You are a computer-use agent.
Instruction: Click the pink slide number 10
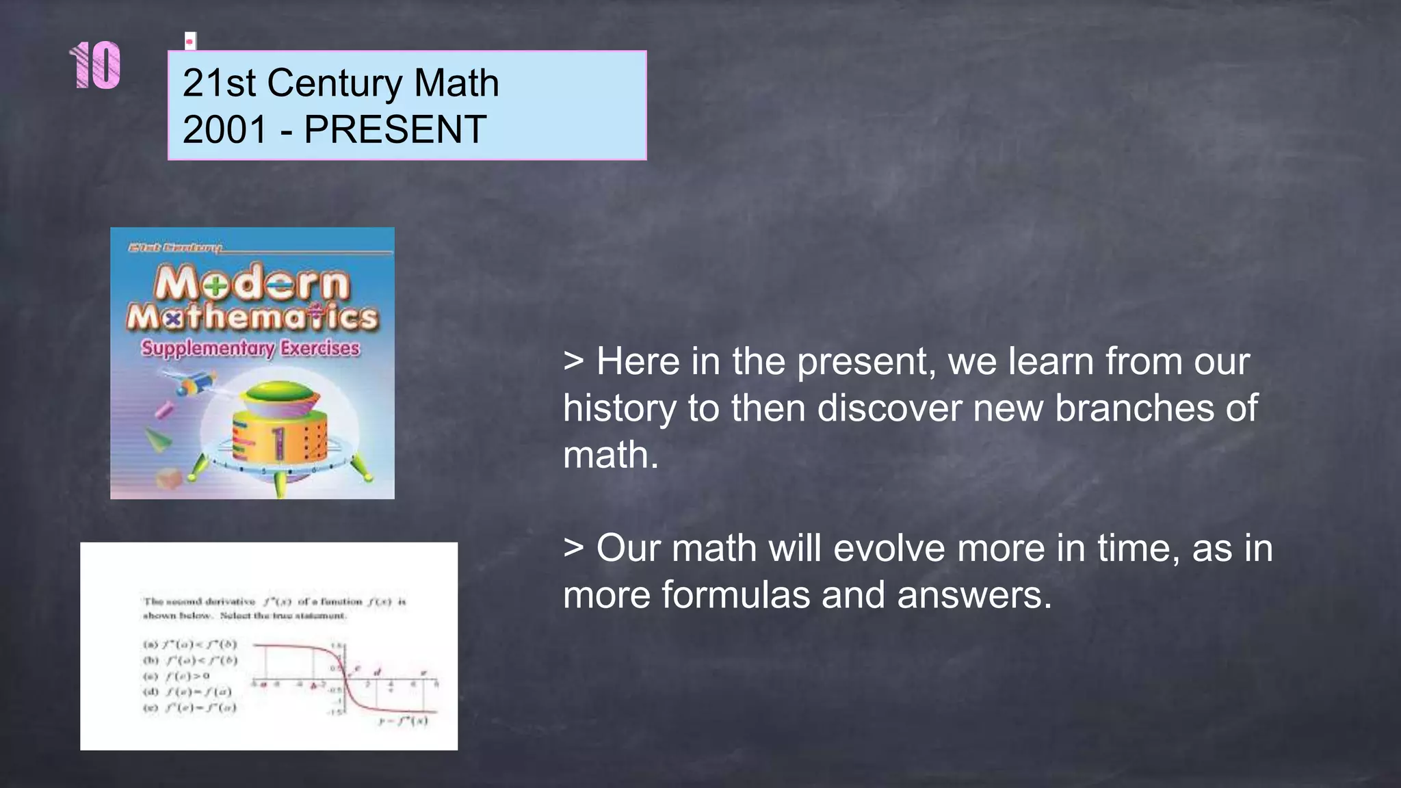coord(96,66)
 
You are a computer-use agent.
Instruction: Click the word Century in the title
coord(335,83)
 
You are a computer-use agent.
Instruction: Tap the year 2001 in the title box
coord(224,129)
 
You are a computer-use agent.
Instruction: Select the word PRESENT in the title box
coord(395,129)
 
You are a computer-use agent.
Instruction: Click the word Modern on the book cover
coord(252,284)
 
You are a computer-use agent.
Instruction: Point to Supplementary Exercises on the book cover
coord(250,348)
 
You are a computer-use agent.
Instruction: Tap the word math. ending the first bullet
coord(610,455)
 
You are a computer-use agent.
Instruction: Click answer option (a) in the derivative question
coord(190,644)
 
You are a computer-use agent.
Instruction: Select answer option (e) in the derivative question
coord(190,707)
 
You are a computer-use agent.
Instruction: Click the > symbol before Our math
coord(573,549)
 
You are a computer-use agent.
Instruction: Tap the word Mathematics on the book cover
coord(252,317)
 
